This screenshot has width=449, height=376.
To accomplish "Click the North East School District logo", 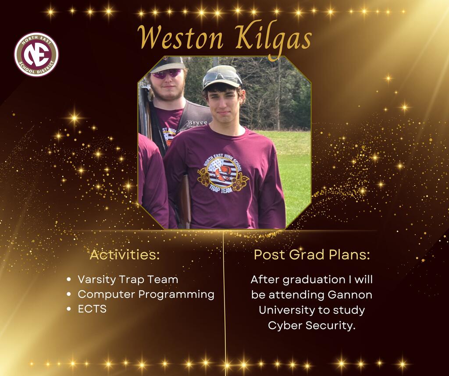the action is [36, 54].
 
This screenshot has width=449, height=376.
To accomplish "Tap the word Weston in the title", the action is [180, 38].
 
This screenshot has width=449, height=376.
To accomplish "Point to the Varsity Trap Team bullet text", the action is [128, 280].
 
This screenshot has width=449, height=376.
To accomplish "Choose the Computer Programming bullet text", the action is [146, 295].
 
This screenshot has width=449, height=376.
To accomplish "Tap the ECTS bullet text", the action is [92, 309].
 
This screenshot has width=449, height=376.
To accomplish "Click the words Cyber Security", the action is [312, 326].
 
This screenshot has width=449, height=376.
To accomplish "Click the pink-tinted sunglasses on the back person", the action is [167, 74].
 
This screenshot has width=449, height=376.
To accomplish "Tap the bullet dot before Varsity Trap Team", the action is [69, 279].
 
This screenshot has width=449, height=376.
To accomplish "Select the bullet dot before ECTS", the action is [69, 309].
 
